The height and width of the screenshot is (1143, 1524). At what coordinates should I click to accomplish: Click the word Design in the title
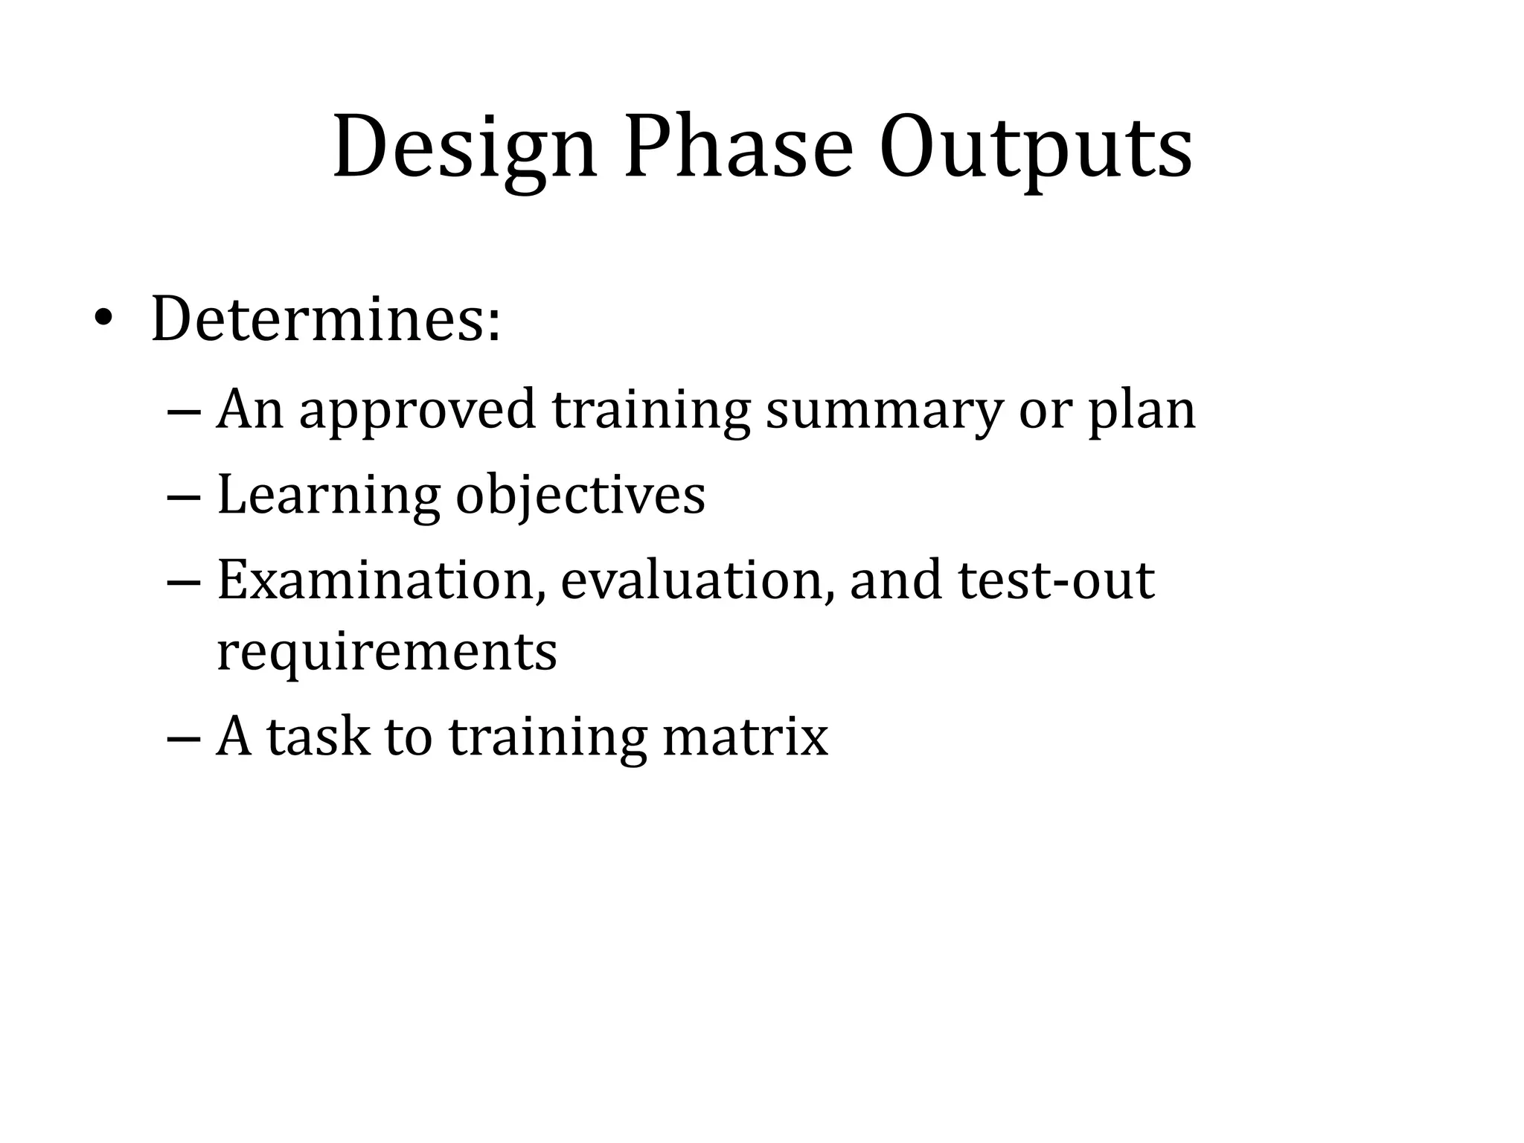click(464, 149)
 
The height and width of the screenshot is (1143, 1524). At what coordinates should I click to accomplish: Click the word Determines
click(326, 320)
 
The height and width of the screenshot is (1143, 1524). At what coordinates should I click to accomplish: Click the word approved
click(417, 411)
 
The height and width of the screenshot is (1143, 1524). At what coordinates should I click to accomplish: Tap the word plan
click(1142, 411)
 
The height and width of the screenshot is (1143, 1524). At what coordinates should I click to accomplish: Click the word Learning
click(328, 497)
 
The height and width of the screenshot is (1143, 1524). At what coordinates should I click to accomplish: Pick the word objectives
click(580, 497)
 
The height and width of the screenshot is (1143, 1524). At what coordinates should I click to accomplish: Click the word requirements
click(386, 652)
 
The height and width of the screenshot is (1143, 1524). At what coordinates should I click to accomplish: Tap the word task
click(318, 738)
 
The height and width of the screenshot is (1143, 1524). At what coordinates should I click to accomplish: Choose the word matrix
click(744, 738)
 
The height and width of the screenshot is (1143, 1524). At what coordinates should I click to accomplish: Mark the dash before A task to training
click(185, 740)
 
